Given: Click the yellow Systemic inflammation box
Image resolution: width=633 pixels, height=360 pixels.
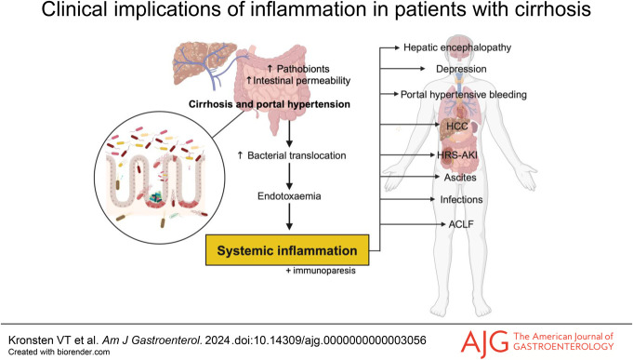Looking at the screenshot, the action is tap(287, 250).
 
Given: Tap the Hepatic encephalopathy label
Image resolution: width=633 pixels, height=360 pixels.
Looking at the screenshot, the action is tap(457, 47).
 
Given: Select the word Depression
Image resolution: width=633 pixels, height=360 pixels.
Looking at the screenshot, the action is tap(461, 69).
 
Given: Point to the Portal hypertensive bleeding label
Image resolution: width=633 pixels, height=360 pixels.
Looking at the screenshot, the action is tap(464, 95).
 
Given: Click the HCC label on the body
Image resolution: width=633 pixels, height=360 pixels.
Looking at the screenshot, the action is tap(457, 127).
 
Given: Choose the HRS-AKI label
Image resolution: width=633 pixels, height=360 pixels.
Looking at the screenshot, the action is tap(457, 154).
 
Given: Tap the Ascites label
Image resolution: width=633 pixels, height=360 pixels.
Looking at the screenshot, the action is tap(460, 178).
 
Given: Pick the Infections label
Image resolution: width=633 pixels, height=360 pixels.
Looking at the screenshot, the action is tap(461, 200).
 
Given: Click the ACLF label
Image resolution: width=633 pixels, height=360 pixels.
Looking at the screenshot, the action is tap(461, 224).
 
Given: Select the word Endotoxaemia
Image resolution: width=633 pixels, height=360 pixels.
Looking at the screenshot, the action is tap(289, 196).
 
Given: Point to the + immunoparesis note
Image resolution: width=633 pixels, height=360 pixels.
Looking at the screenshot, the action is tap(321, 271).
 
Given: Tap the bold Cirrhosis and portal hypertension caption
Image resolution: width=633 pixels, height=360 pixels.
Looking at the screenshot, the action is tap(270, 104).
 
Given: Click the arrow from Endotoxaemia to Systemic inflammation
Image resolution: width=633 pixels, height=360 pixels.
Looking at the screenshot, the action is tap(289, 216).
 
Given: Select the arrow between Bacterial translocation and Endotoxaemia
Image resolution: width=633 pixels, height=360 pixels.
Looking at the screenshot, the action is tap(289, 176).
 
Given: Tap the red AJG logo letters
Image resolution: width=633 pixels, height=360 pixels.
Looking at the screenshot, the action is tap(484, 341).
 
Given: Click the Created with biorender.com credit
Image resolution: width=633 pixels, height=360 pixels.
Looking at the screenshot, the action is tap(59, 352).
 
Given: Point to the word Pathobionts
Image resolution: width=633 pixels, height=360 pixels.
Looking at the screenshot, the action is tap(303, 69).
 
